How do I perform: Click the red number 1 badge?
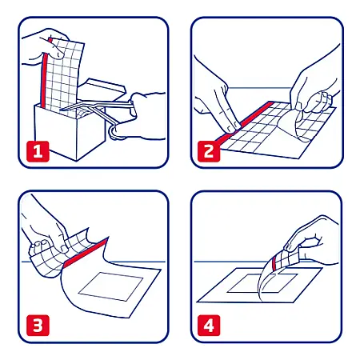pos(38,151)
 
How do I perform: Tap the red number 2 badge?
pos(209,151)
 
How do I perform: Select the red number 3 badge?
pos(38,326)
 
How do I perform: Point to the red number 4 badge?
pos(209,326)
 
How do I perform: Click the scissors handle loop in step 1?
pos(115,133)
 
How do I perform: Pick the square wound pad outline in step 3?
pos(111,286)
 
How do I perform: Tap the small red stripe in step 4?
pos(274,262)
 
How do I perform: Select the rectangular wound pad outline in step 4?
pos(262,282)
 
